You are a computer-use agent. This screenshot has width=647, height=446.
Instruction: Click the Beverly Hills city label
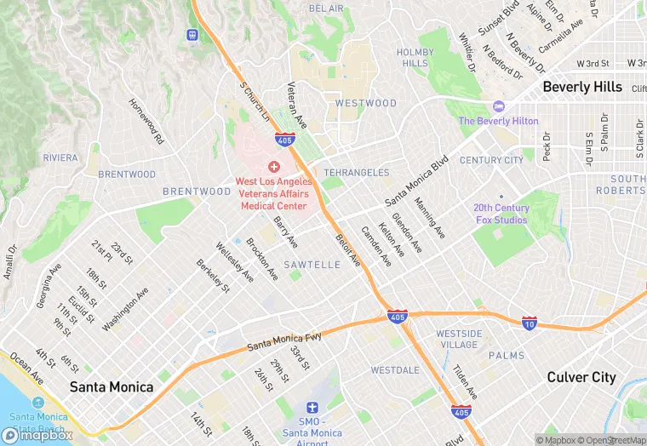tap(582, 88)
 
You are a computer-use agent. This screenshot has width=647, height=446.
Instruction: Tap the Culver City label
tap(581, 377)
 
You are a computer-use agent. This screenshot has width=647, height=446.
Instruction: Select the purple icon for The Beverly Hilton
tap(498, 106)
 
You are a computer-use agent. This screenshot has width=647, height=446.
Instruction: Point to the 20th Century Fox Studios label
tap(501, 214)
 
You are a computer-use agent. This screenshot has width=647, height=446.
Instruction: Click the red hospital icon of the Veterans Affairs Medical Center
tap(274, 167)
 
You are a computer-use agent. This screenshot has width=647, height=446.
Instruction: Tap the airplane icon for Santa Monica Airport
tap(312, 409)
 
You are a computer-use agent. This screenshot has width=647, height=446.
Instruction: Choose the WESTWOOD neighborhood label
tap(366, 103)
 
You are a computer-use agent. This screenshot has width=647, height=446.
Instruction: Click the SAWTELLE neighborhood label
tap(312, 265)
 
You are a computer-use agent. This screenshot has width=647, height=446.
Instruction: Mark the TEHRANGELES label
tap(357, 173)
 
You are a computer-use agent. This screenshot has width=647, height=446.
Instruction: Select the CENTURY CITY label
tap(491, 160)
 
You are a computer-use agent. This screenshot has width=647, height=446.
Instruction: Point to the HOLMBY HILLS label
tap(415, 58)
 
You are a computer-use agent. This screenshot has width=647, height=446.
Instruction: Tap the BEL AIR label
tap(326, 9)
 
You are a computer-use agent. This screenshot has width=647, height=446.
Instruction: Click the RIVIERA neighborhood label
tap(60, 157)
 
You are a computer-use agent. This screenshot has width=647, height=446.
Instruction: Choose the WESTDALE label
tap(395, 370)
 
